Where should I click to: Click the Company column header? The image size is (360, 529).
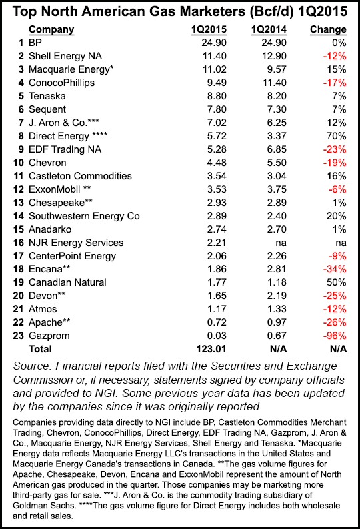point(51,29)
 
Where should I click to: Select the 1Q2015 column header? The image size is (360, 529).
point(204,29)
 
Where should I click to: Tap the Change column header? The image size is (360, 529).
point(329,29)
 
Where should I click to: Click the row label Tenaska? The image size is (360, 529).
point(49,96)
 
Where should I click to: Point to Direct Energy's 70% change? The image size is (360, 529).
point(336,136)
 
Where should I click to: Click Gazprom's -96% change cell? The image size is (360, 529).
point(334,336)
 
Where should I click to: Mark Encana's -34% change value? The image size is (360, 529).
point(334,269)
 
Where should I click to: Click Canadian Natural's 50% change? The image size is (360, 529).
point(336,282)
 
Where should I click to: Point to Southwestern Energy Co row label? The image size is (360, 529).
point(84,216)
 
